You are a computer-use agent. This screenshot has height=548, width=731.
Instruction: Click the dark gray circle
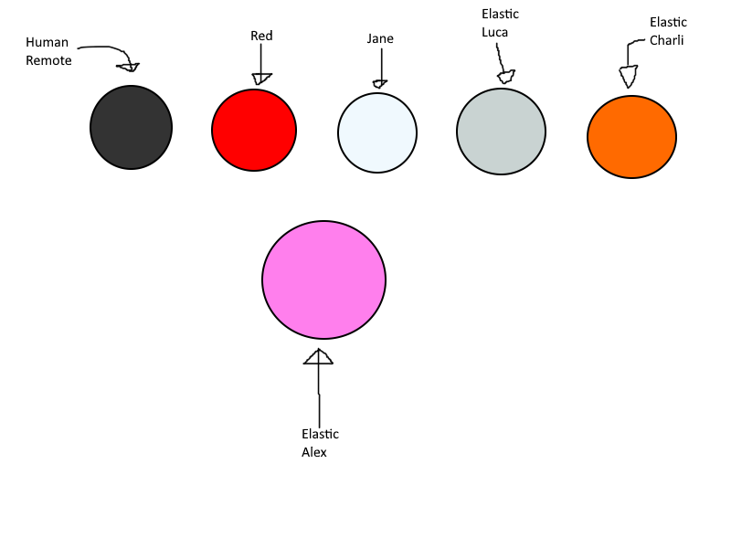131,127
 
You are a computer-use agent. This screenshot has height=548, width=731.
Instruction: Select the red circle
254,130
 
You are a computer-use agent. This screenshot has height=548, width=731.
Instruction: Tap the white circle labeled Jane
377,132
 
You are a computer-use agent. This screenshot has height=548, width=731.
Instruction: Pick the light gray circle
501,132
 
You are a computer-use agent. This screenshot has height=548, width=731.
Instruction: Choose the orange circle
631,137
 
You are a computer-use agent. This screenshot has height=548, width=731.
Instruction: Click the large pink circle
324,279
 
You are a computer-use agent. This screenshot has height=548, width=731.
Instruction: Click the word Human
48,42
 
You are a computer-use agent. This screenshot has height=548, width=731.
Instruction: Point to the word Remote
48,60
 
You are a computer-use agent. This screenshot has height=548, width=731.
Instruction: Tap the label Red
261,36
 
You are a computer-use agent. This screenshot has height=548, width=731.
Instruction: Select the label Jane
380,38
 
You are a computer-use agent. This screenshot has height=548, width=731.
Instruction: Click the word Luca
494,32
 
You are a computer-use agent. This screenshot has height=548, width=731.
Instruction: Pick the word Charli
667,40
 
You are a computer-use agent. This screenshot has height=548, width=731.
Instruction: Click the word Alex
314,452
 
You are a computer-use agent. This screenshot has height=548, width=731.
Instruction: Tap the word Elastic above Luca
500,14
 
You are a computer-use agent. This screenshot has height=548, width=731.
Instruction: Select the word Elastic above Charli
669,22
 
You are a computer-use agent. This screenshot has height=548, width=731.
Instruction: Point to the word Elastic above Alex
321,435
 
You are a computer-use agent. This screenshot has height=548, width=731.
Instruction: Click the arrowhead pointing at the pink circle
318,357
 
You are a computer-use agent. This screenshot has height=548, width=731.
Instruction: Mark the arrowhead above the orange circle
629,77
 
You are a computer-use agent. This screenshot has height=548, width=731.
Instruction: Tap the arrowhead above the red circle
261,79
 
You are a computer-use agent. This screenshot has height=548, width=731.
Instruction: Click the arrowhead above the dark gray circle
129,67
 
